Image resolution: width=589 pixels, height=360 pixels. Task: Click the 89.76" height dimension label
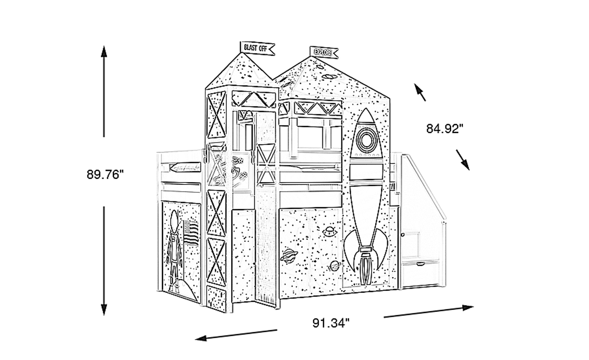click(x=105, y=174)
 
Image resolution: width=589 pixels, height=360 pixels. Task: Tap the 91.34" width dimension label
click(x=331, y=323)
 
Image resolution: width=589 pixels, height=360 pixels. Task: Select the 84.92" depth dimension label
click(x=445, y=128)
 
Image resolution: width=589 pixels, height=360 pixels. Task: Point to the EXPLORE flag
click(x=324, y=53)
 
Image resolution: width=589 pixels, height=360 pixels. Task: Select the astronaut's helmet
click(x=174, y=219)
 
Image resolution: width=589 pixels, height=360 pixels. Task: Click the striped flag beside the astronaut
click(x=191, y=233)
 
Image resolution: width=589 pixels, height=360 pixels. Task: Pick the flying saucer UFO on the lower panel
click(x=329, y=232)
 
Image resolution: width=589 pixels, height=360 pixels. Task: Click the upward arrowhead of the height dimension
click(x=104, y=52)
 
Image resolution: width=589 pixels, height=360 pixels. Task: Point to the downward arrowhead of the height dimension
click(x=104, y=309)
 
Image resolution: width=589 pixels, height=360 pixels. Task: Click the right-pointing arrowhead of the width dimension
click(x=468, y=307)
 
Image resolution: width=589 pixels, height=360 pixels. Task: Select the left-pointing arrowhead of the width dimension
click(x=201, y=338)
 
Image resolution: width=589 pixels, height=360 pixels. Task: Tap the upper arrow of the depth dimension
click(x=420, y=92)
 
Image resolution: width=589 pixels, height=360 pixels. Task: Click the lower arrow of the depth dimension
click(x=463, y=160)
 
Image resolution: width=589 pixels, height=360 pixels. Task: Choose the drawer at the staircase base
click(x=420, y=274)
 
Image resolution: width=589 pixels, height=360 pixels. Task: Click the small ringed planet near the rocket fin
click(x=334, y=266)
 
